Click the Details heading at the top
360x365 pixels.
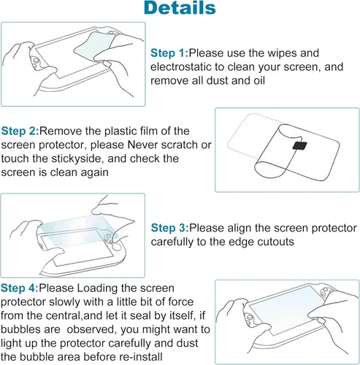[x=179, y=9]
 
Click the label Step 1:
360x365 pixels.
[x=169, y=53]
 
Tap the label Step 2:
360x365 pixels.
[x=20, y=131]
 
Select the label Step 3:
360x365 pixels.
[x=169, y=228]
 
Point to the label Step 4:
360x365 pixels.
[x=20, y=288]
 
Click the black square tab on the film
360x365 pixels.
[x=299, y=146]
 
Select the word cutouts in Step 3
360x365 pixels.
[x=272, y=242]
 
